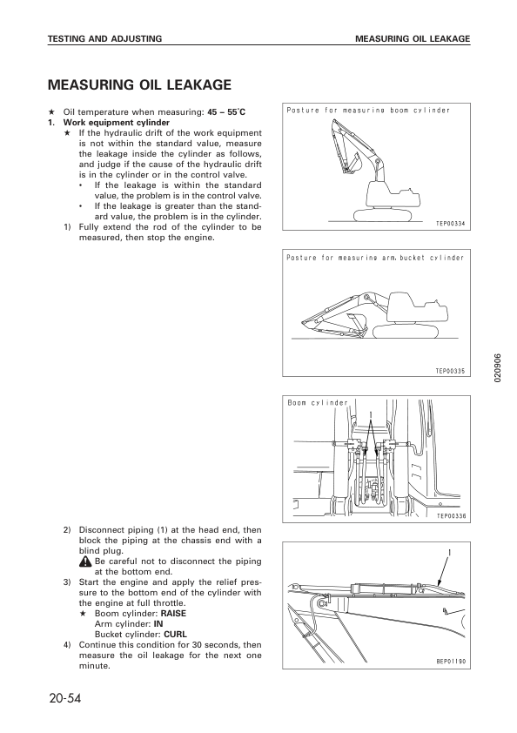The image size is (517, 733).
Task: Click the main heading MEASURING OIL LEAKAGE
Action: pyautogui.click(x=139, y=85)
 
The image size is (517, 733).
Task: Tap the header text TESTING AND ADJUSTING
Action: pyautogui.click(x=104, y=39)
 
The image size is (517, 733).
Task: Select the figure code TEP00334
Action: pyautogui.click(x=451, y=224)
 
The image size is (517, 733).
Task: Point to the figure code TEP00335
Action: pyautogui.click(x=451, y=371)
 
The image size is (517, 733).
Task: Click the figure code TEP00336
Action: pyautogui.click(x=451, y=515)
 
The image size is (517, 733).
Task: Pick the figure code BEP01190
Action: pyautogui.click(x=451, y=661)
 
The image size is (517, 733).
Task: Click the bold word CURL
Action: pyautogui.click(x=175, y=635)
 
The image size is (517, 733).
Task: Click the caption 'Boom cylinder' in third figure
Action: pyautogui.click(x=317, y=403)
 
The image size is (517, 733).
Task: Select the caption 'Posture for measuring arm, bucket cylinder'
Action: pyautogui.click(x=375, y=258)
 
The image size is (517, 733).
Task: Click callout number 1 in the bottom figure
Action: pyautogui.click(x=449, y=553)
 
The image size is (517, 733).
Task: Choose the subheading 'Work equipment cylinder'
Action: pyautogui.click(x=111, y=123)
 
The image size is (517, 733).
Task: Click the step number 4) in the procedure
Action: pyautogui.click(x=67, y=645)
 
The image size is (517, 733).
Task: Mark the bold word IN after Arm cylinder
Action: pyautogui.click(x=158, y=624)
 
